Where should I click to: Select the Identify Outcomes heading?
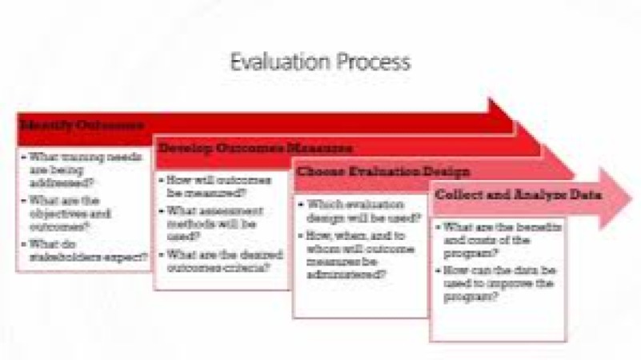(83, 126)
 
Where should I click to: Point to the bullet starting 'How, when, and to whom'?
(357, 254)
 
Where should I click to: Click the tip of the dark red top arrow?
(515, 126)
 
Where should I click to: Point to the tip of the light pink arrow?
(631, 195)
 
